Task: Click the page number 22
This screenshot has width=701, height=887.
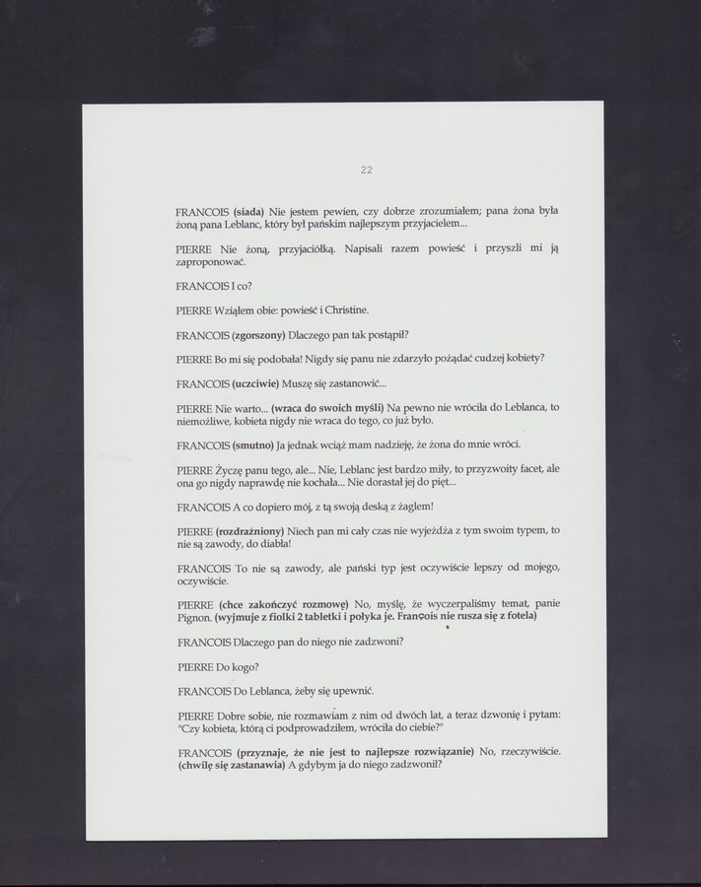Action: (x=366, y=171)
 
